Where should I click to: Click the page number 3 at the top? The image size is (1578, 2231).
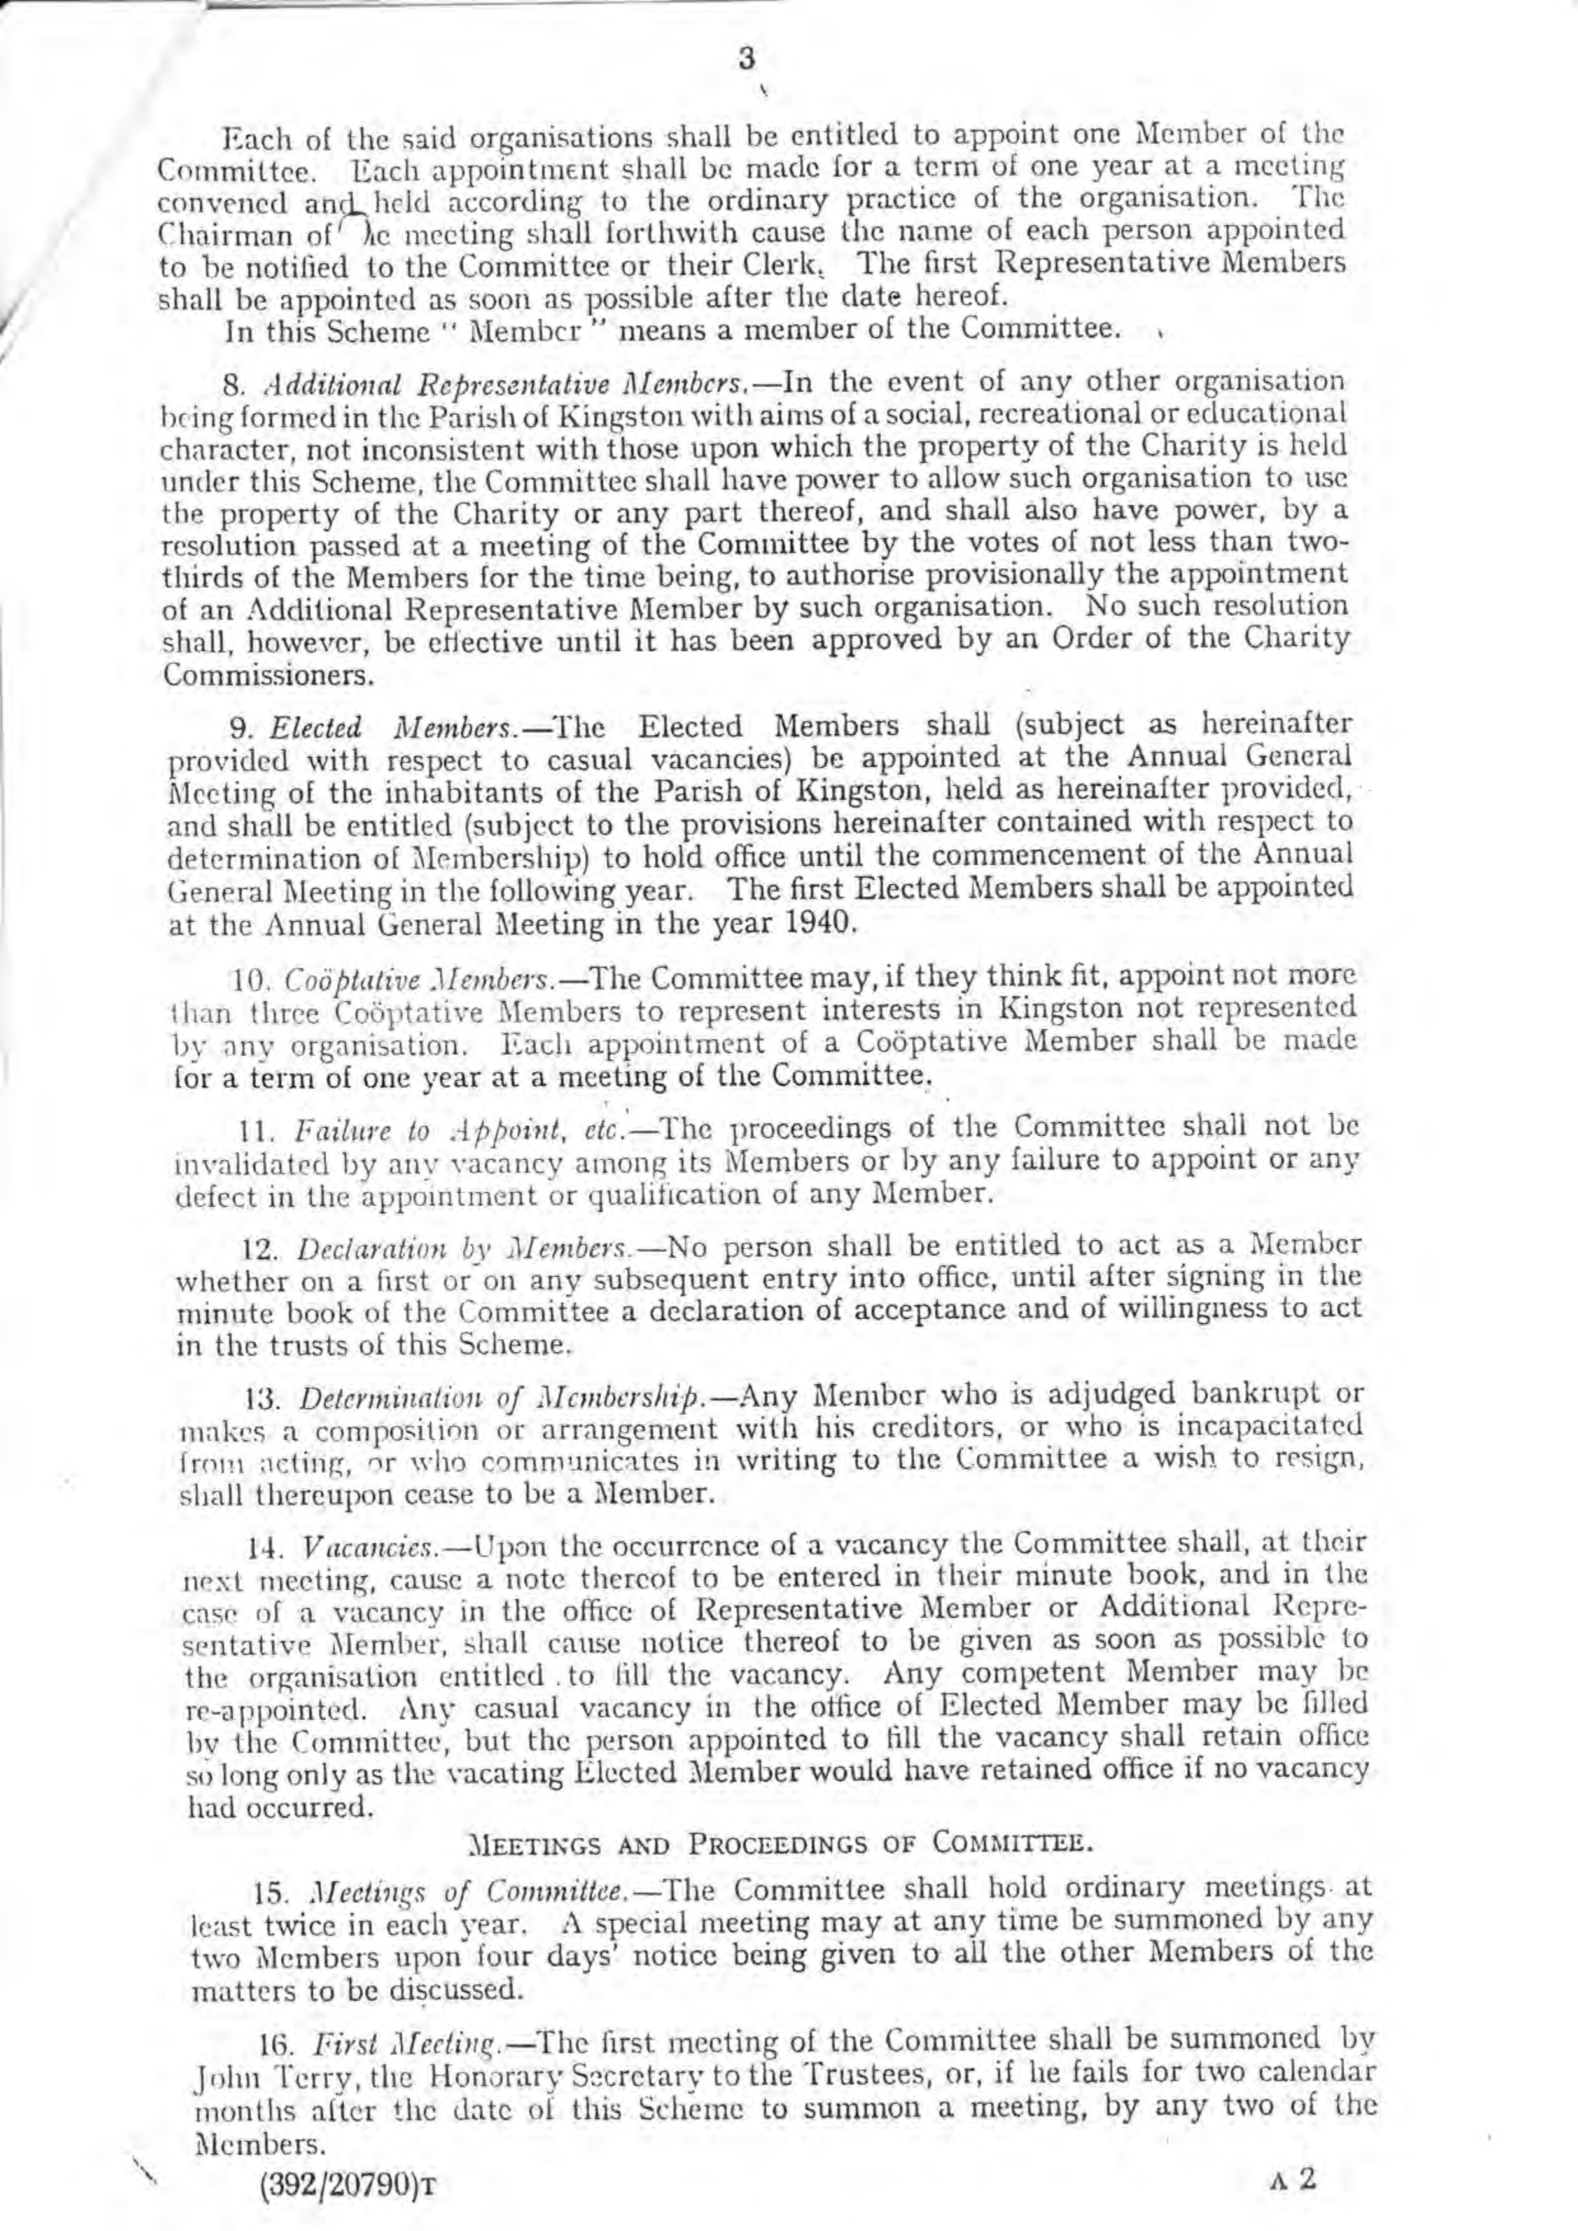tap(746, 59)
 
